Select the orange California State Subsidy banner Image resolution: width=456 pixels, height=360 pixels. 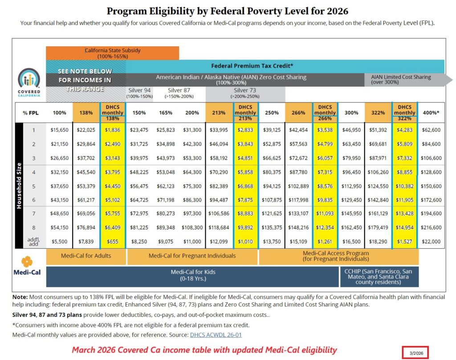click(112, 53)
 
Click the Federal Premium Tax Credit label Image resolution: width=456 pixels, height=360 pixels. click(252, 66)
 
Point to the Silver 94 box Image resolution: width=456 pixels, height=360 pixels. click(139, 93)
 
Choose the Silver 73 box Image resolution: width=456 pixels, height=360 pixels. click(245, 93)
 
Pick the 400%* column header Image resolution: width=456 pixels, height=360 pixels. click(431, 113)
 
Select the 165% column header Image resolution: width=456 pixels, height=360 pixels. click(165, 113)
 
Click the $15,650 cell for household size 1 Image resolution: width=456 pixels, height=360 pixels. click(59, 130)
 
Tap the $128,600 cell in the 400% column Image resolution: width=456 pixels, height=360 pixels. click(431, 172)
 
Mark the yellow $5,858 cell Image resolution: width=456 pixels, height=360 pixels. click(246, 172)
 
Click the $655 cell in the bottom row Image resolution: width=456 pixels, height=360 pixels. click(113, 241)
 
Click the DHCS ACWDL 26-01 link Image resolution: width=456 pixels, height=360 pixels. click(216, 335)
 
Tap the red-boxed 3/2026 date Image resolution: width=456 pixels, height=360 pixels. click(415, 353)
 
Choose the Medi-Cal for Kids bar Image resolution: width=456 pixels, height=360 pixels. click(192, 276)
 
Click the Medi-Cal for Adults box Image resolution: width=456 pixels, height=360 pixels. click(86, 256)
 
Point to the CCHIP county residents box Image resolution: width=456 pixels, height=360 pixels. click(379, 276)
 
